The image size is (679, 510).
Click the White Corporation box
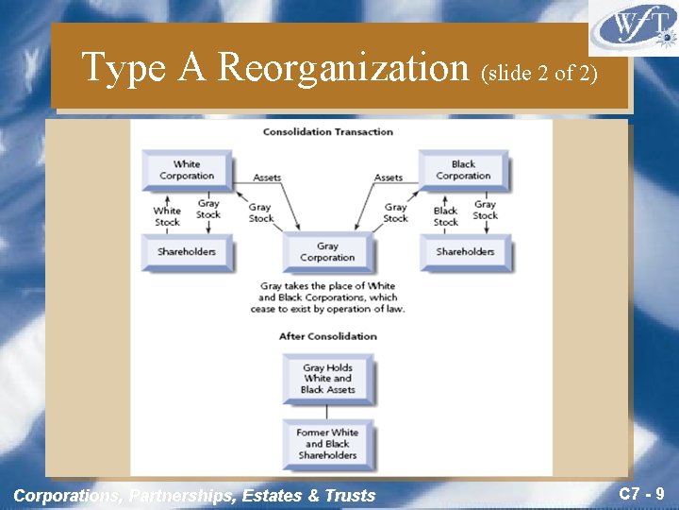click(187, 170)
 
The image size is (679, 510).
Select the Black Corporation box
click(463, 170)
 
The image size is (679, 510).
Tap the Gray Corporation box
click(327, 252)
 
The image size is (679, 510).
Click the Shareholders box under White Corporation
click(187, 252)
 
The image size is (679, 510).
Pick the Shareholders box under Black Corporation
click(465, 252)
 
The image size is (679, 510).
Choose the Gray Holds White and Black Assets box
click(327, 378)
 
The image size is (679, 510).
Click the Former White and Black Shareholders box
click(327, 444)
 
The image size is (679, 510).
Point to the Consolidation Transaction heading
click(327, 131)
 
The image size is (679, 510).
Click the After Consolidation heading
click(327, 336)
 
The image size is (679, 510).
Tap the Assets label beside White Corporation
click(268, 178)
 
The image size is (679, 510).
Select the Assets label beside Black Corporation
click(389, 178)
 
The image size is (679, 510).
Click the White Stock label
click(167, 216)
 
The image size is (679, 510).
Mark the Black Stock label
click(445, 216)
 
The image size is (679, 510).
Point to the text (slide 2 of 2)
click(539, 73)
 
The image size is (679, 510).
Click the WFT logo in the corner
click(633, 29)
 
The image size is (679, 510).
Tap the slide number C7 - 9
click(642, 493)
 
